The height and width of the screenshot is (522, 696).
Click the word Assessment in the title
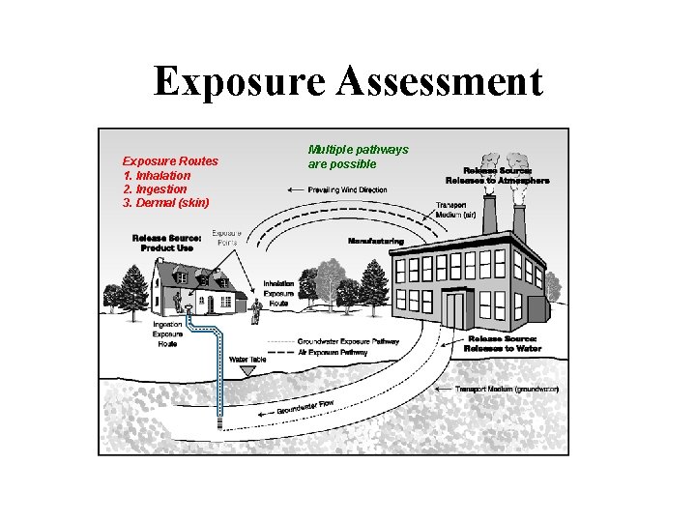(440, 82)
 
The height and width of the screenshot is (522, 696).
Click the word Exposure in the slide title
(242, 82)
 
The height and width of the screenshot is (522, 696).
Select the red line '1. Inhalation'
(157, 175)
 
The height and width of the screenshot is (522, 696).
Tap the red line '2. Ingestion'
(155, 188)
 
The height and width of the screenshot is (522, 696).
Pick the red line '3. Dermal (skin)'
(166, 202)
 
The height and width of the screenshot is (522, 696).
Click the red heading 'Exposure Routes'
(170, 160)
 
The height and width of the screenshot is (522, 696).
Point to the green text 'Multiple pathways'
(358, 150)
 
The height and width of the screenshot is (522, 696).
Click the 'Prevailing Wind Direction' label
(347, 189)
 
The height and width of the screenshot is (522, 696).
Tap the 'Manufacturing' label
(375, 241)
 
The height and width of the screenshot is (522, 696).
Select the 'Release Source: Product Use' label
(166, 242)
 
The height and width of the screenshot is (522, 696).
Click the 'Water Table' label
(246, 360)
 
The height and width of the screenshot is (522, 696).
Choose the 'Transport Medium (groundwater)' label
(507, 389)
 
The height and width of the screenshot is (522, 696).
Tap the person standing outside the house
(256, 310)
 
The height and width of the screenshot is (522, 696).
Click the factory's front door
(455, 310)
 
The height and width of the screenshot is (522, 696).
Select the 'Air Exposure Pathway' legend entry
(333, 353)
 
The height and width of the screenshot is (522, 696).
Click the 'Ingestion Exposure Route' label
(167, 336)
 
